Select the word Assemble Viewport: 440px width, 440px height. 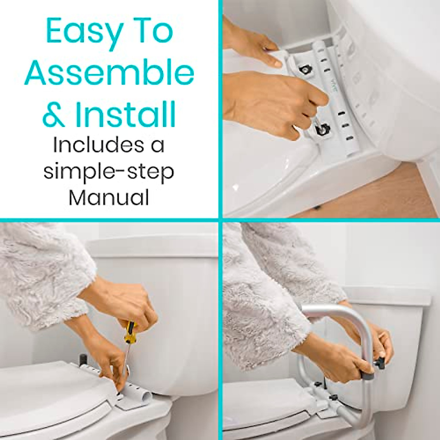[x=109, y=73]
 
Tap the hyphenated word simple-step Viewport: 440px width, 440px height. [x=109, y=172]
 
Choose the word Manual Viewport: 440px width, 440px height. [x=109, y=198]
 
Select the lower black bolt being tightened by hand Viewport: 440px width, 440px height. [x=322, y=129]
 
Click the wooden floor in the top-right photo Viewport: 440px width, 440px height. [x=396, y=191]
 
